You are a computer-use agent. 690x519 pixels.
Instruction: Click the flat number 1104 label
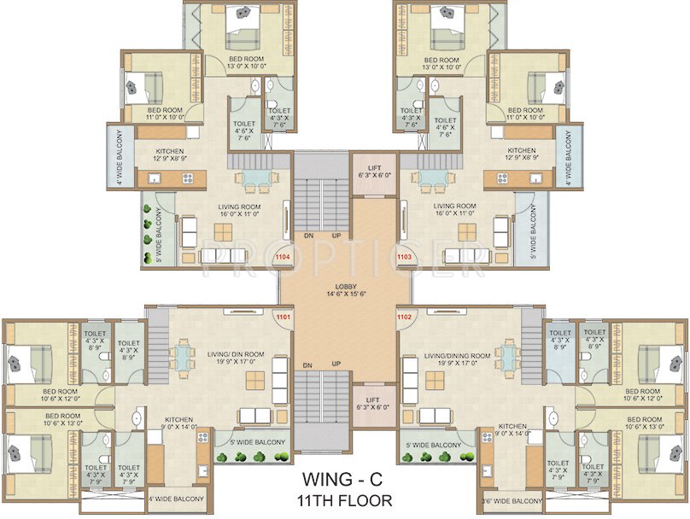click(283, 255)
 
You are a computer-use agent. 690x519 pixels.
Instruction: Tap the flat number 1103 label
click(406, 255)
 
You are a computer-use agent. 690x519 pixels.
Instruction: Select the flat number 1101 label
click(283, 318)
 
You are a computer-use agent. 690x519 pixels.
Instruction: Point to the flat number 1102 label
click(406, 318)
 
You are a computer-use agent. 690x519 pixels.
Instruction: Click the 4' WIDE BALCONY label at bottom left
click(176, 499)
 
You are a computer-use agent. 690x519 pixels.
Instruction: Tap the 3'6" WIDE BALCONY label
click(512, 501)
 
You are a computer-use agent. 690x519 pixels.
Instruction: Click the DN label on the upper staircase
click(305, 235)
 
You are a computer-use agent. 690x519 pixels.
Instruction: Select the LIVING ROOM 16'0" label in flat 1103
click(455, 210)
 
